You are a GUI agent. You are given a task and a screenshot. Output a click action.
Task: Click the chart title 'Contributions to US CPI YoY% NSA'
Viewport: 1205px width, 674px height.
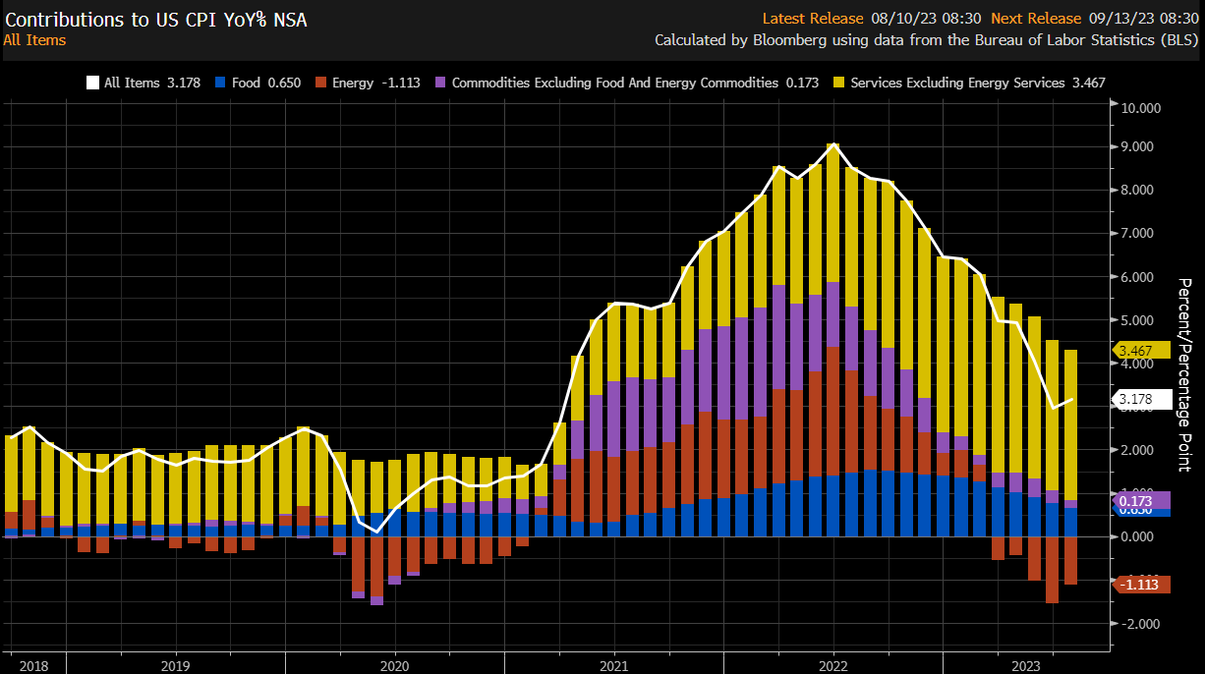[x=155, y=19]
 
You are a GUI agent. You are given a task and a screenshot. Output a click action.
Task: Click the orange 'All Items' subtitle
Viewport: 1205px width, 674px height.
[x=34, y=40]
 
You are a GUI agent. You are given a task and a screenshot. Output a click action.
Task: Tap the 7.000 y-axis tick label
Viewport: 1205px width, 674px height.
[x=1142, y=234]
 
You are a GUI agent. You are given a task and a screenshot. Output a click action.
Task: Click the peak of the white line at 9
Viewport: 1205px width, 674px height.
[x=833, y=144]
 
